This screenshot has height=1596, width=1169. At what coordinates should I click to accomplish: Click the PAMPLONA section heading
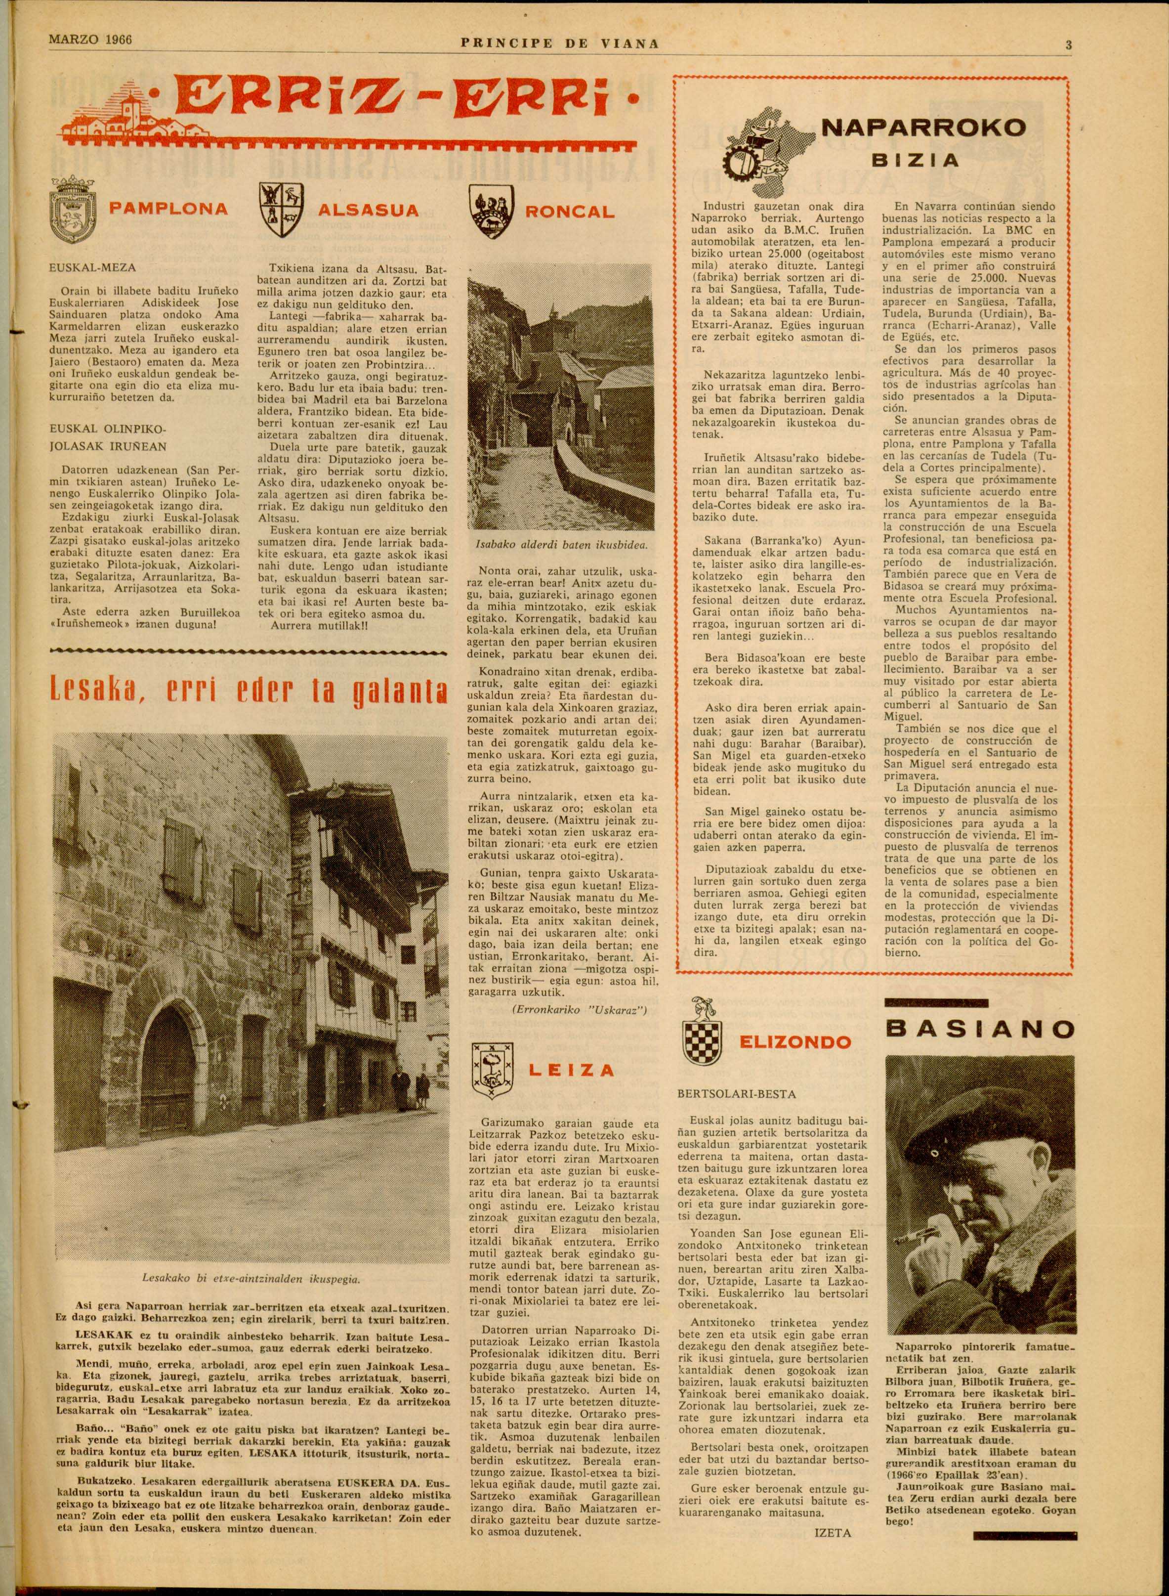168,210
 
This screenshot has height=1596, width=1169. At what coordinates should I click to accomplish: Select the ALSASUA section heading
368,210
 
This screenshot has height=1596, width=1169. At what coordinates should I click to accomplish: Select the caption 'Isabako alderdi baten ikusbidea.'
560,545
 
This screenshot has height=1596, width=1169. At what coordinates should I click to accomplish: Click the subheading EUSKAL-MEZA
93,268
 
